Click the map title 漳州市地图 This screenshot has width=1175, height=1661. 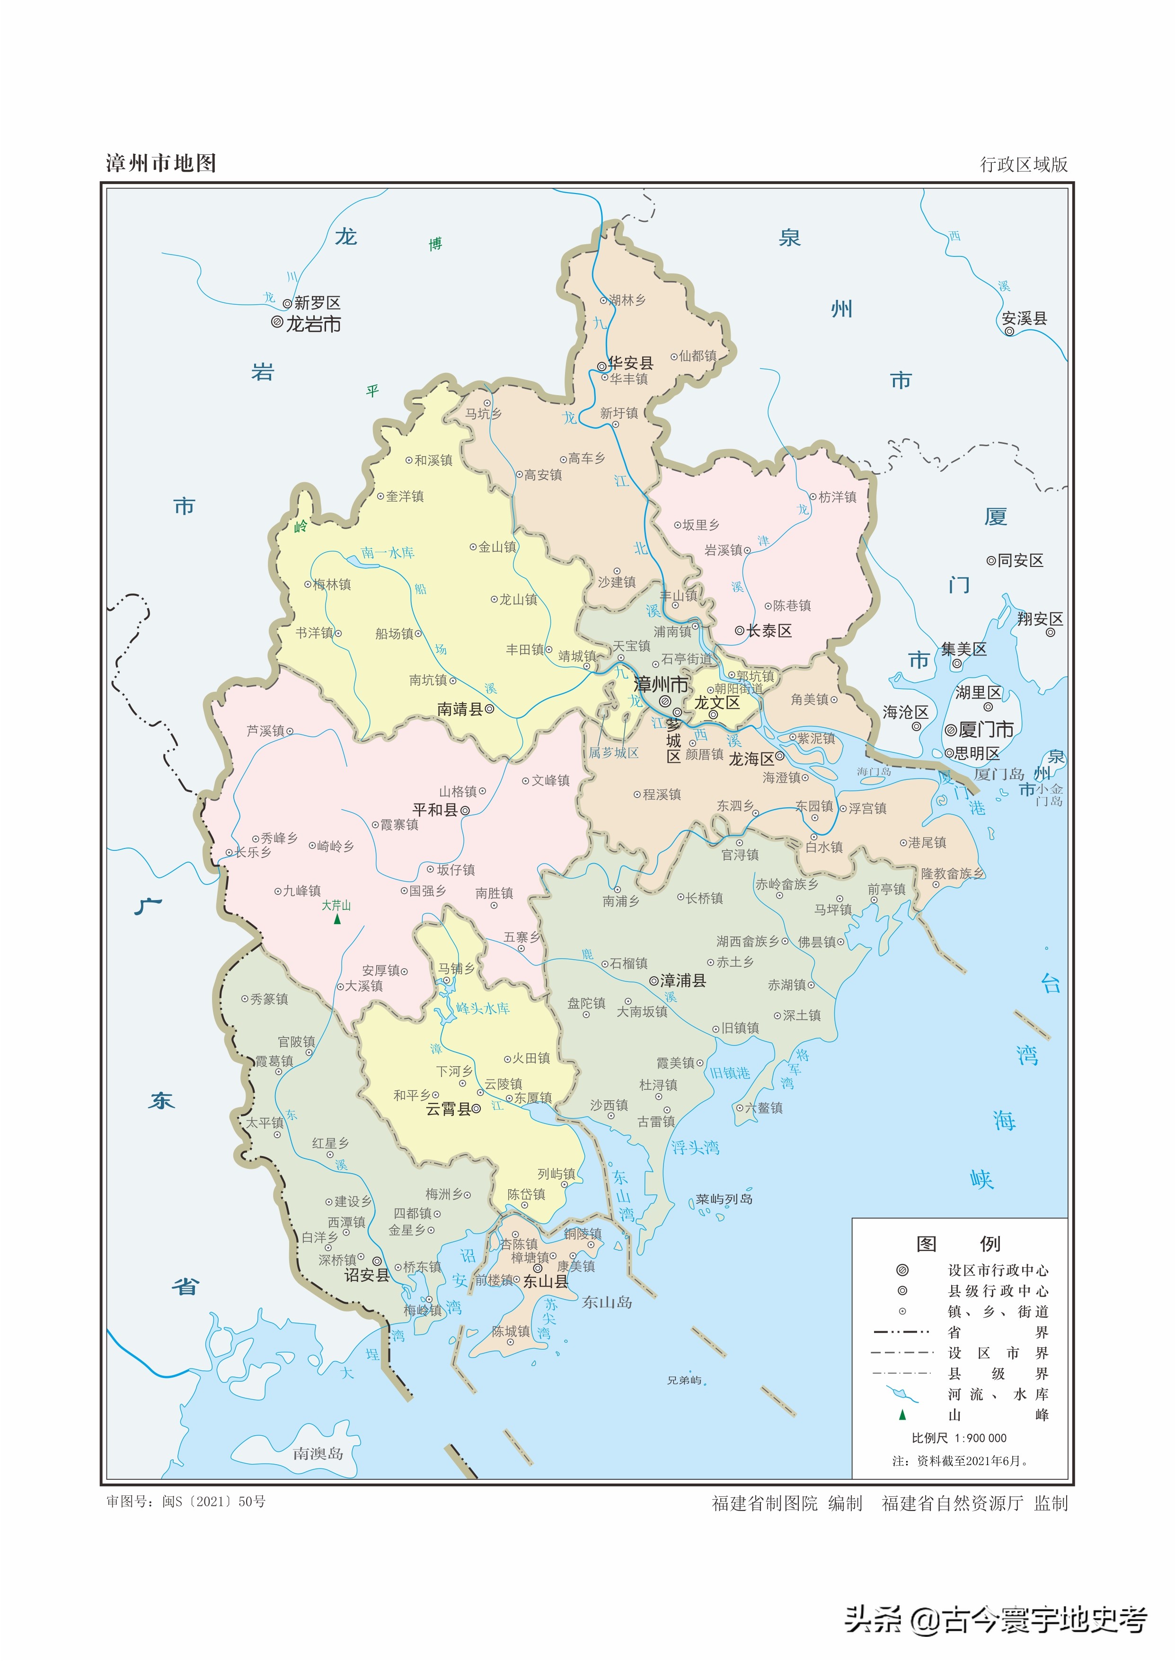pos(160,163)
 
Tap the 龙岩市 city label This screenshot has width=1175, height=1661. pos(313,324)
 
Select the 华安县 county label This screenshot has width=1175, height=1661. pos(630,363)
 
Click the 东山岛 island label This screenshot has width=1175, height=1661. pos(607,1302)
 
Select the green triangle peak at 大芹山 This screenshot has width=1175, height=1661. pos(337,919)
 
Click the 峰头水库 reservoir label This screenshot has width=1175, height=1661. pos(483,1008)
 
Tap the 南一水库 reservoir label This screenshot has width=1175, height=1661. pos(388,553)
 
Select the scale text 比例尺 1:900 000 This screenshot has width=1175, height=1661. pos(959,1438)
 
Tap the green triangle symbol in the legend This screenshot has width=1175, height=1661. pos(902,1414)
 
